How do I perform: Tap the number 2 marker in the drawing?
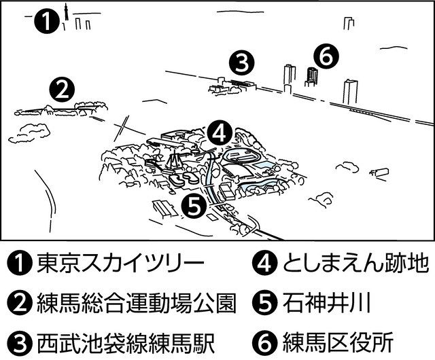pos(62,88)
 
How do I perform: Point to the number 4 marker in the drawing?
pos(218,132)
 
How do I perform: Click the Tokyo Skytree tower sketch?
pos(65,17)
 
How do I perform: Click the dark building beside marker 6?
pos(311,76)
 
